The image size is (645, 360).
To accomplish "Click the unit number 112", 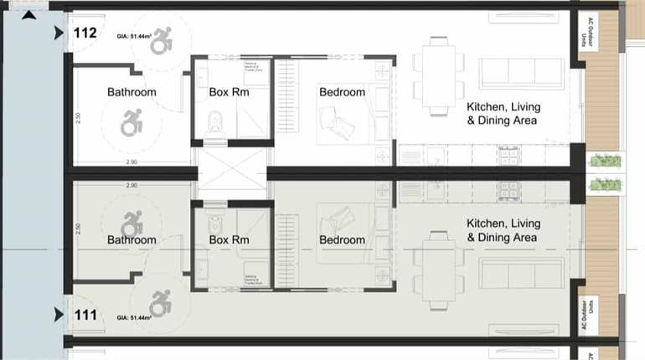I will (85, 33).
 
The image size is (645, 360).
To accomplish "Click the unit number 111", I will (84, 316).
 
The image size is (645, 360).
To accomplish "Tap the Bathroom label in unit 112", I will (132, 92).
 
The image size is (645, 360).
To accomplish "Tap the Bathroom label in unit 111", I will (132, 240).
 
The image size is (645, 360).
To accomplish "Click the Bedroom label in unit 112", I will (342, 92).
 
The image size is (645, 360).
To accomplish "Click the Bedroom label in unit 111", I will (342, 240).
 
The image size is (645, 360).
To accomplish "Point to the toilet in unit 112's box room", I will (214, 126).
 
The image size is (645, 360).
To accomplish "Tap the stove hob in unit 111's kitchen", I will (508, 192).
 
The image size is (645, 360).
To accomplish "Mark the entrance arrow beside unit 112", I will (59, 33).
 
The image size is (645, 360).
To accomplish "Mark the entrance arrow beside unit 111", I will (59, 316).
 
